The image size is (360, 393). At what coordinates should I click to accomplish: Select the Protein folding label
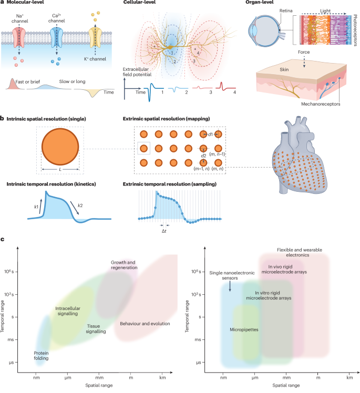[x=41, y=356]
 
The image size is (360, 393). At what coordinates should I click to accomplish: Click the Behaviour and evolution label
[x=145, y=324]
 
